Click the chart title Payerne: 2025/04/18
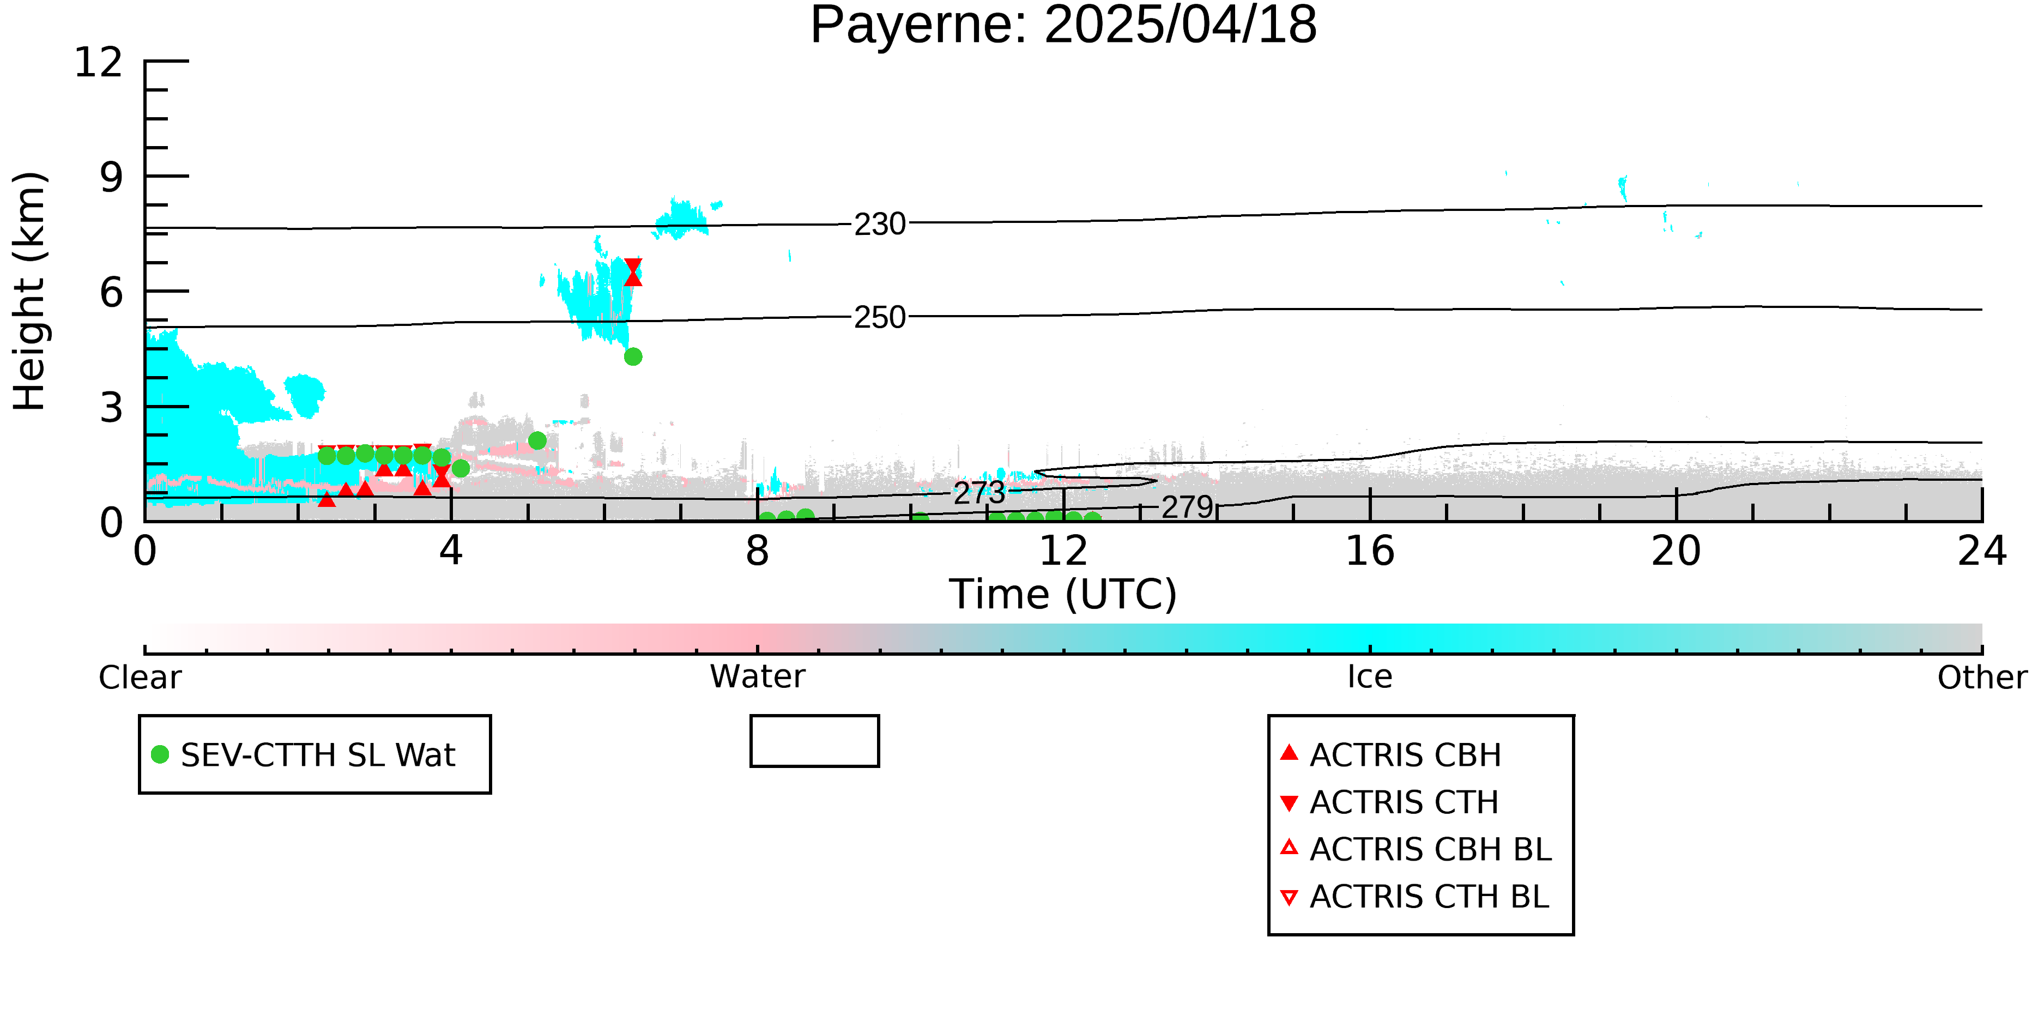coord(1063,26)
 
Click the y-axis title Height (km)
coord(29,291)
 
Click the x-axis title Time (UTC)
coord(1063,594)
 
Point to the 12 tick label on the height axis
coord(99,62)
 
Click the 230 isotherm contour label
coord(880,225)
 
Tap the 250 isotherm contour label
coord(880,317)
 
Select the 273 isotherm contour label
coord(979,493)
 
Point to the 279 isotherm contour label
coord(1188,507)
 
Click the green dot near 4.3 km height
coord(632,357)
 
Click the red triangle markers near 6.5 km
coord(632,272)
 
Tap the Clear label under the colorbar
coord(140,678)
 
